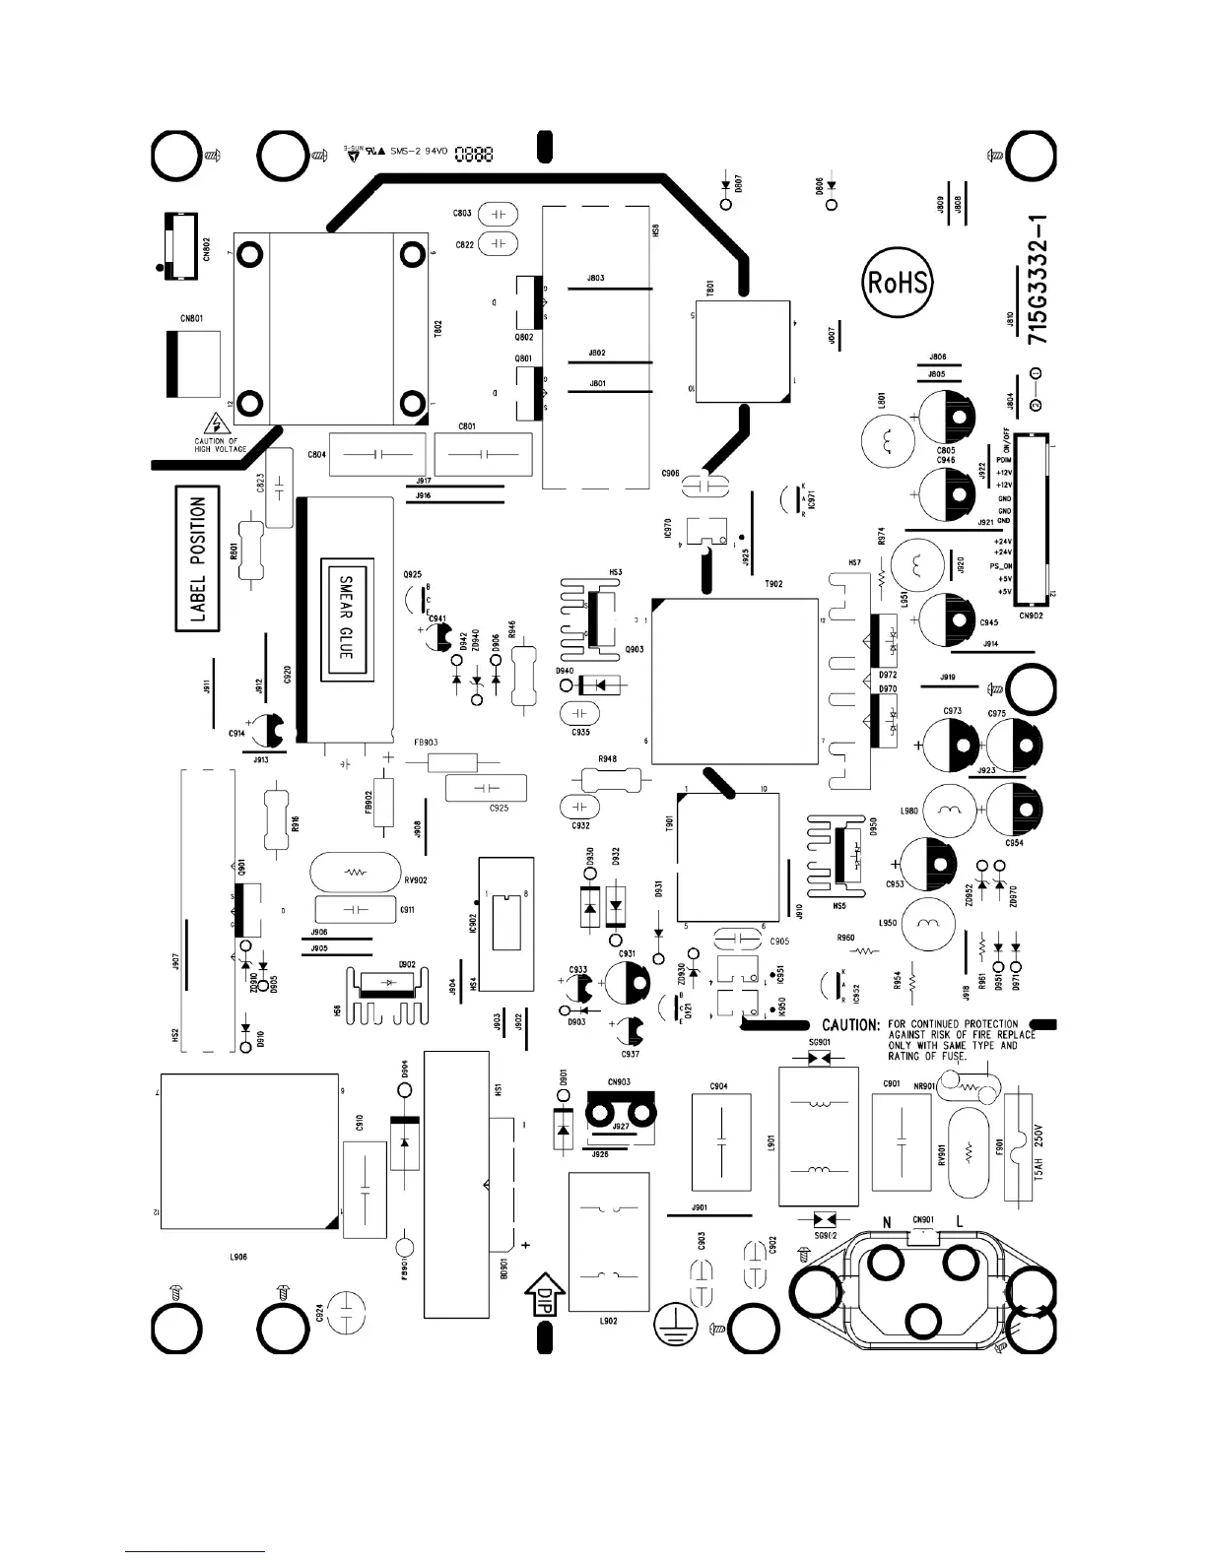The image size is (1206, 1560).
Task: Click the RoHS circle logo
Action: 896,284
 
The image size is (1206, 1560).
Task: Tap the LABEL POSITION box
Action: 198,559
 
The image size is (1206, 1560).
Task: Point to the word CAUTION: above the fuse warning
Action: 850,1025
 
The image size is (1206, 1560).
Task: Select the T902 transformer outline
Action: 734,680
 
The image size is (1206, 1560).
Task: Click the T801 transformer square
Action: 742,351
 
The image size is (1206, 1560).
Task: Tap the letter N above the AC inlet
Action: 887,1222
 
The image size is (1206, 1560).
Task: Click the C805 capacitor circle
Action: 947,415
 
